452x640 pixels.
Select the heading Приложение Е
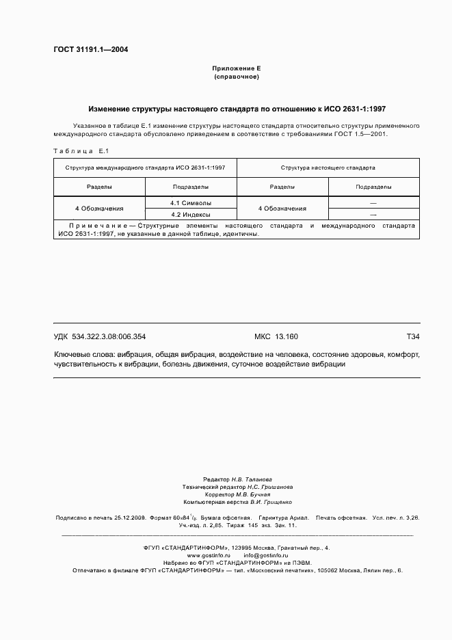(236, 69)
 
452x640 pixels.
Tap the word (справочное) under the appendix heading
(236, 77)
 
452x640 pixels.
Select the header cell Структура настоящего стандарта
(327, 167)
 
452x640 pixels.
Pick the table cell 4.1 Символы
(190, 203)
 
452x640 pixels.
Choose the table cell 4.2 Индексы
(190, 214)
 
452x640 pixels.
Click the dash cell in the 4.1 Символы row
(373, 203)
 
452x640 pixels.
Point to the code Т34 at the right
(412, 336)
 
